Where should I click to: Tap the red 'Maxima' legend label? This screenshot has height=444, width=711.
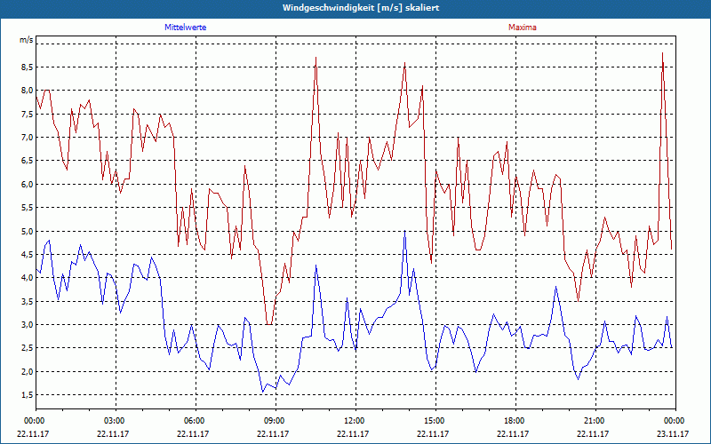[x=523, y=28]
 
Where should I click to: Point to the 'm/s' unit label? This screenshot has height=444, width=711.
[x=27, y=41]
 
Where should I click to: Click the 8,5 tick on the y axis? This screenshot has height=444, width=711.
[x=27, y=67]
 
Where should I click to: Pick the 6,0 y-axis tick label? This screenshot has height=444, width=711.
[x=27, y=184]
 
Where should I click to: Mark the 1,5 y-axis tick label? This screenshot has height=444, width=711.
[x=27, y=395]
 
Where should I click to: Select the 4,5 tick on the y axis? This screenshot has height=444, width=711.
[x=27, y=255]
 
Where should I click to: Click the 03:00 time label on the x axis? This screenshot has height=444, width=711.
[x=115, y=420]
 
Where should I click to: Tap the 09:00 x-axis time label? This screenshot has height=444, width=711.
[x=275, y=420]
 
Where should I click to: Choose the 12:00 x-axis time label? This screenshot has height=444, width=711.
[x=355, y=420]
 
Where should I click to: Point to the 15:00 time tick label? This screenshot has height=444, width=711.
[x=435, y=420]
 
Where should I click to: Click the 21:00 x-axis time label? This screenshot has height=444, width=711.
[x=595, y=420]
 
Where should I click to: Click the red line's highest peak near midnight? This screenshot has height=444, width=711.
[x=662, y=54]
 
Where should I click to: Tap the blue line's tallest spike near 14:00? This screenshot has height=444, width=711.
[x=404, y=232]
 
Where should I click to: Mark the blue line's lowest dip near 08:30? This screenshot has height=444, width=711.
[x=262, y=392]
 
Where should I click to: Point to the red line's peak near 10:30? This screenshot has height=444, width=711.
[x=316, y=59]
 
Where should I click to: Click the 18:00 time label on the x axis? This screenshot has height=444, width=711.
[x=515, y=420]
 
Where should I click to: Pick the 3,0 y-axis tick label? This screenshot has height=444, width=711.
[x=27, y=325]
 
